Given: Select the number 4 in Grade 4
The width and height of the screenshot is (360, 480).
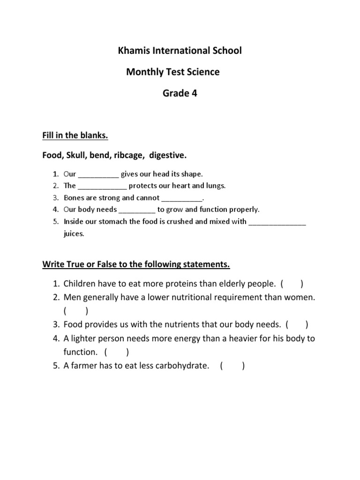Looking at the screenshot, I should point(194,93).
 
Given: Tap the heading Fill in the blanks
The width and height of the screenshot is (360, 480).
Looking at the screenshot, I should point(75,135).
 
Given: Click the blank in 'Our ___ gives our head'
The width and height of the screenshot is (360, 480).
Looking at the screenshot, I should point(98,174).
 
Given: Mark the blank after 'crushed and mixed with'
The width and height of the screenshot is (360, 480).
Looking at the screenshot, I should point(277,222).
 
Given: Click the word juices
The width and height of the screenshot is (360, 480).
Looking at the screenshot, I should point(74,233).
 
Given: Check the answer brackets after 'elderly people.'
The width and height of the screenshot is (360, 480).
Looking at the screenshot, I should point(292,284).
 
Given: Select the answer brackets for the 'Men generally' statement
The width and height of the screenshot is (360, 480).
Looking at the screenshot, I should point(75,310).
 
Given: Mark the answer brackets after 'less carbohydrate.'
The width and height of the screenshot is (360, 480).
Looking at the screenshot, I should point(232,366).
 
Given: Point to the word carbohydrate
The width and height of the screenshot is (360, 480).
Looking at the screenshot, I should point(179,366).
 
